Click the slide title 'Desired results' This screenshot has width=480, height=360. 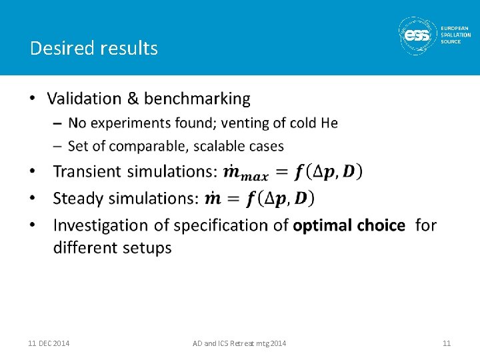point(94,48)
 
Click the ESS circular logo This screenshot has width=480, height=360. point(418,35)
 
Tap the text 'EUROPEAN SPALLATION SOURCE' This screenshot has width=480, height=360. point(455,35)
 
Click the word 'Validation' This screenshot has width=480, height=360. point(84,99)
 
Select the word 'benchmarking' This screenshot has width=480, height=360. point(197,99)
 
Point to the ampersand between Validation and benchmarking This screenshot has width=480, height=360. point(133,99)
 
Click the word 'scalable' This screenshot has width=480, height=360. point(221,146)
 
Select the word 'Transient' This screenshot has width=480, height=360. point(89,171)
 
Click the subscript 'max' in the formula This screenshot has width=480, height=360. point(254,177)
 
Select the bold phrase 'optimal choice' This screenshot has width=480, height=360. point(349,225)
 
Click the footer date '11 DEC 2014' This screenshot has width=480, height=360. point(49,343)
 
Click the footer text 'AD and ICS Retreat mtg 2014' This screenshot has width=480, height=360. point(239,343)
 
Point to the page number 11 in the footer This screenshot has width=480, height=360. point(447,343)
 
